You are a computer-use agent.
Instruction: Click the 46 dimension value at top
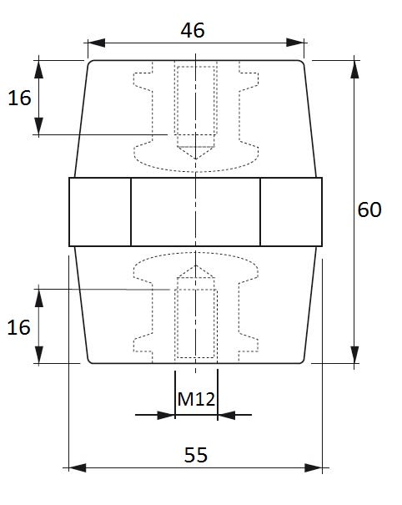(193, 30)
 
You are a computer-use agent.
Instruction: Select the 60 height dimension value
(369, 210)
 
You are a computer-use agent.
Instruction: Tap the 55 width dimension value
(196, 455)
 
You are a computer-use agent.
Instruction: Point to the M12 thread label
(196, 399)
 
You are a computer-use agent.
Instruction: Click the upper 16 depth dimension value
(19, 98)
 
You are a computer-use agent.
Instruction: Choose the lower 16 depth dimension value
(18, 327)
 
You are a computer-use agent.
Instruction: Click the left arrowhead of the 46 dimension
(96, 43)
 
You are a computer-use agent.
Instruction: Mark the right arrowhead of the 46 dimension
(295, 43)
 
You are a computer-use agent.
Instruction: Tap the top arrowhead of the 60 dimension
(354, 69)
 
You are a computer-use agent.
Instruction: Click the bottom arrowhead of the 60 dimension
(354, 355)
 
